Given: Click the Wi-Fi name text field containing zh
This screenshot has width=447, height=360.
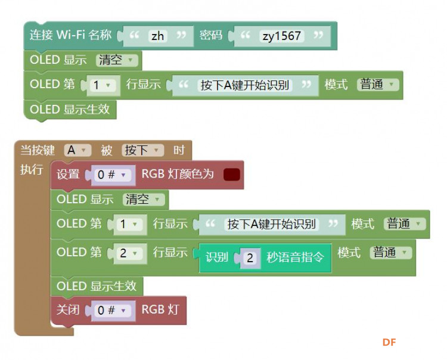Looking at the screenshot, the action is click(158, 36).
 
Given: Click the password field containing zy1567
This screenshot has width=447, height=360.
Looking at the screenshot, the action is click(282, 36).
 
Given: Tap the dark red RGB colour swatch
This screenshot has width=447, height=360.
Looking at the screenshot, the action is click(232, 175).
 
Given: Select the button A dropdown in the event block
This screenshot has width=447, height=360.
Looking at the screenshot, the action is click(77, 150).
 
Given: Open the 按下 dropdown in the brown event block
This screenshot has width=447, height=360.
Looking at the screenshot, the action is click(142, 150).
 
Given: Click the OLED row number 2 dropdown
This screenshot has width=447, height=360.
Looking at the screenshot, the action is click(129, 253).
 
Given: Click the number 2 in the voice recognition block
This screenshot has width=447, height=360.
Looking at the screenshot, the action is click(250, 258).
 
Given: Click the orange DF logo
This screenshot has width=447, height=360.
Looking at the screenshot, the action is click(389, 342).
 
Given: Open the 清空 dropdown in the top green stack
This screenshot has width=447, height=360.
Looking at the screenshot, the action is click(117, 60).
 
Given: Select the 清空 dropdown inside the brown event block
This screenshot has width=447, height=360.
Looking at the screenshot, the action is click(144, 199).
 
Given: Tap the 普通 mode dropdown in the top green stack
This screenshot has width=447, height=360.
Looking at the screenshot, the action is click(378, 85).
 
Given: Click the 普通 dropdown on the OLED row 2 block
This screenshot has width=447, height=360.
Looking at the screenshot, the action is click(391, 253).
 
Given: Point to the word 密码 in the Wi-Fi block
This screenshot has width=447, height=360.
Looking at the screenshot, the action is click(210, 35).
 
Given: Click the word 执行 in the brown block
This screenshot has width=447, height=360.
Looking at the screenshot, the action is click(32, 169).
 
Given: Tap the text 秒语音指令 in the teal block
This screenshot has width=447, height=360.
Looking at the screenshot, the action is click(296, 257).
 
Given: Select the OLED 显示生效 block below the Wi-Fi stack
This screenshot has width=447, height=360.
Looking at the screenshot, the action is click(70, 110).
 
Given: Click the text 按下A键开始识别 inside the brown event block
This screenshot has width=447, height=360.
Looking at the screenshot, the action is click(271, 224).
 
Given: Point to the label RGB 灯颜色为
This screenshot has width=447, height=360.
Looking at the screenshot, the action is click(178, 174).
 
